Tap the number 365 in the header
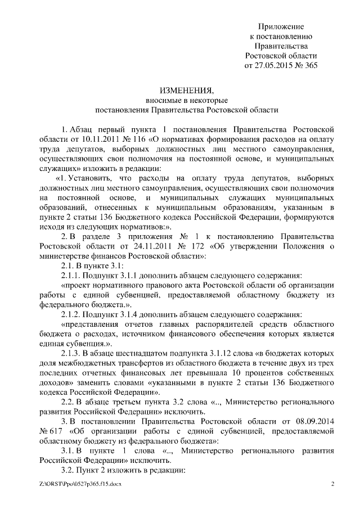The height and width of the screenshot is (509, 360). tap(309, 65)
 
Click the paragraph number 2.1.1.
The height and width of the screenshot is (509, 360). tap(70, 276)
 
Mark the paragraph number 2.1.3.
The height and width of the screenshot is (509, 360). tap(70, 353)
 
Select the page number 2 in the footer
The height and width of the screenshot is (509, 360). tap(332, 484)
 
